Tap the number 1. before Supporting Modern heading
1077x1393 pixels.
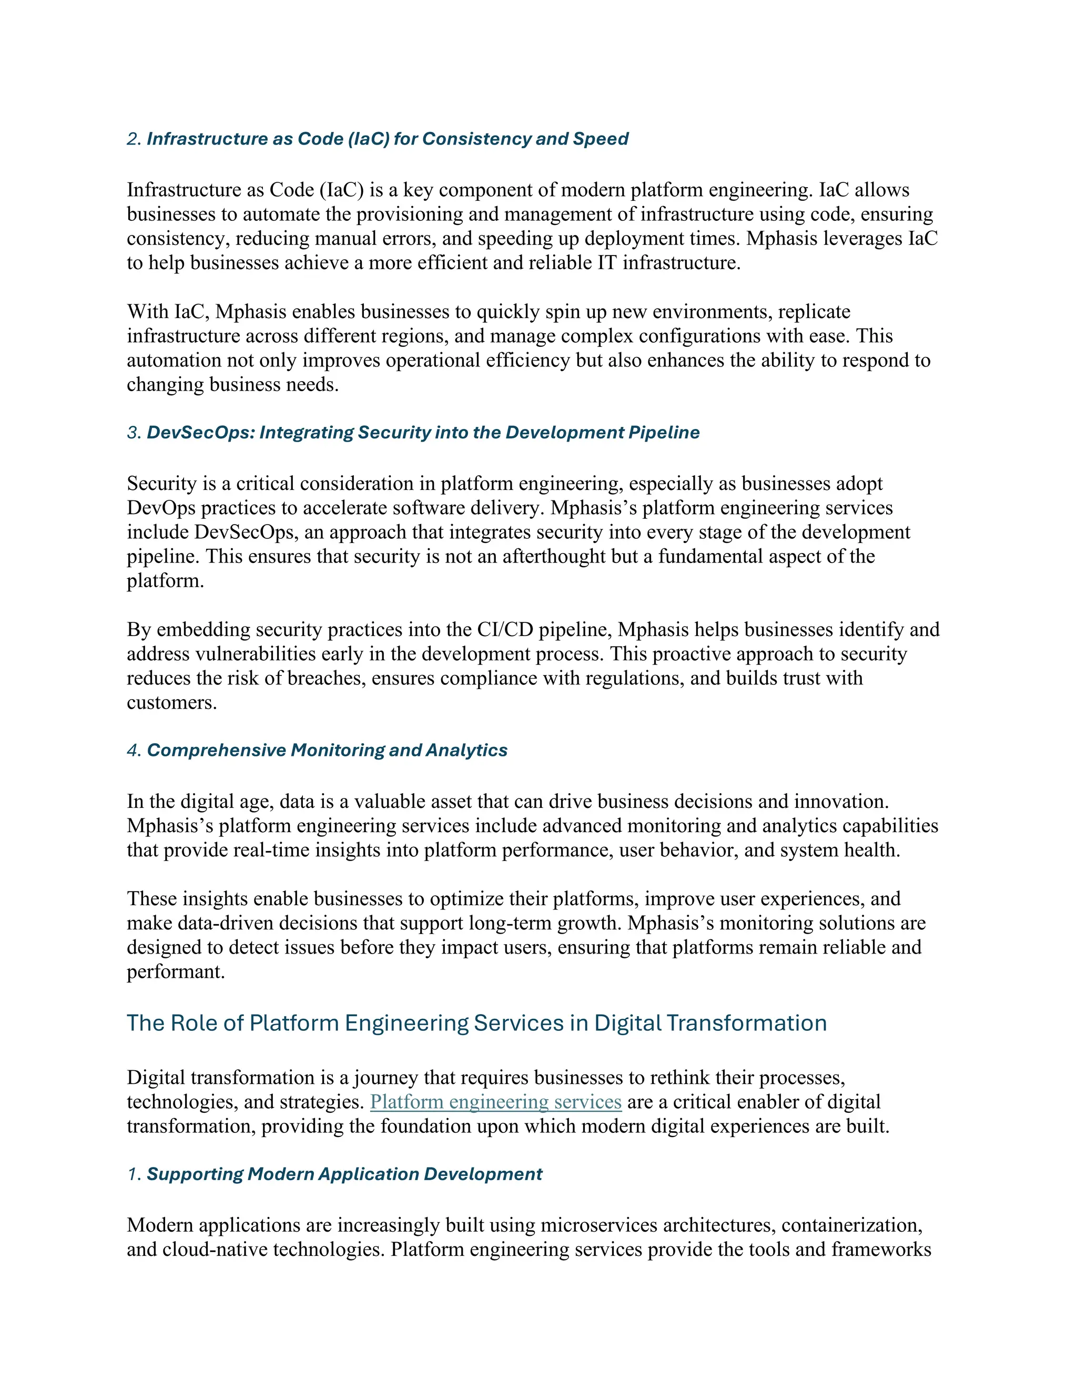click(134, 1174)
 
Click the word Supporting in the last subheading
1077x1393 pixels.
click(195, 1174)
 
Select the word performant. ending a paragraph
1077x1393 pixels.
click(176, 972)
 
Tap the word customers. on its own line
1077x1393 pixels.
click(171, 703)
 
